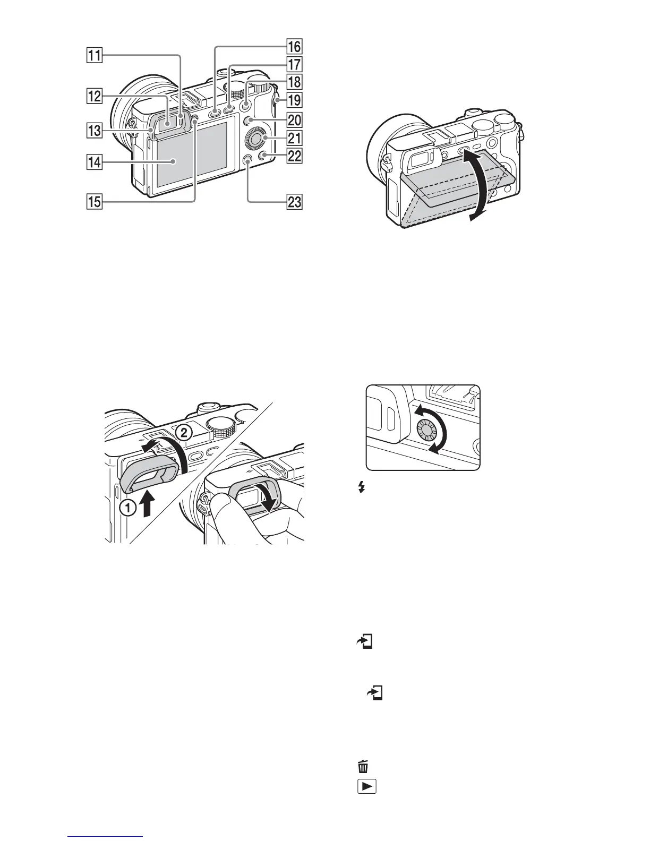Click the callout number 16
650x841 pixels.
click(x=294, y=47)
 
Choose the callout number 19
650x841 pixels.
click(x=294, y=99)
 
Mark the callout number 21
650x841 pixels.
click(x=294, y=139)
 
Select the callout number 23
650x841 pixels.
click(x=294, y=202)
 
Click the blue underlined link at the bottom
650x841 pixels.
click(x=106, y=837)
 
